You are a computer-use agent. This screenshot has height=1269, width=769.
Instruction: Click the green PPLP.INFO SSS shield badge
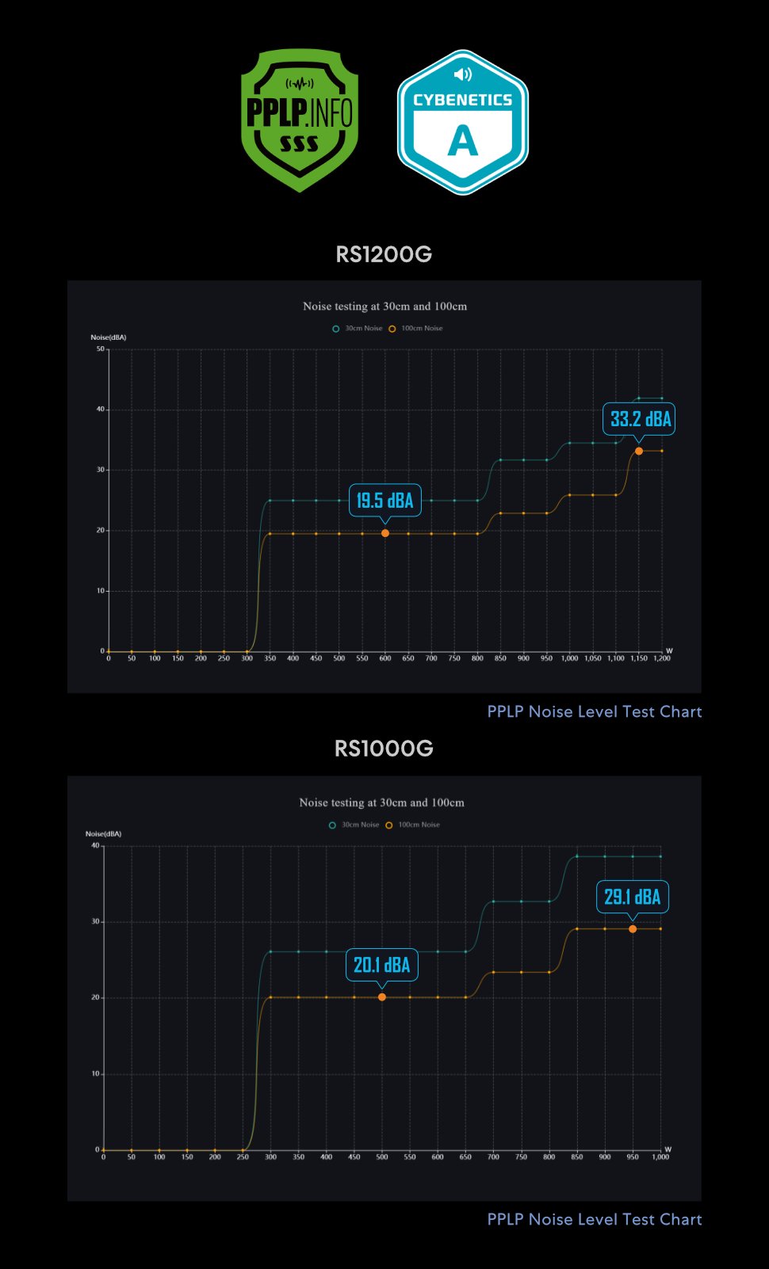tap(300, 120)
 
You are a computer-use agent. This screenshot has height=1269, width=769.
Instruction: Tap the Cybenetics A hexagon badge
tap(463, 122)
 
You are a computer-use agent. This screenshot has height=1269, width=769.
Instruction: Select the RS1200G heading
tap(384, 254)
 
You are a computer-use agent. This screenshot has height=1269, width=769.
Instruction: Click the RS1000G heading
tap(384, 749)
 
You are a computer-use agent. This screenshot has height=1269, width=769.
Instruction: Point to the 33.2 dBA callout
tap(640, 419)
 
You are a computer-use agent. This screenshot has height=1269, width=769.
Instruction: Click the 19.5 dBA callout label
tap(384, 501)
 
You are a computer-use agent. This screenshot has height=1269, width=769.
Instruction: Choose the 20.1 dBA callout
tap(381, 965)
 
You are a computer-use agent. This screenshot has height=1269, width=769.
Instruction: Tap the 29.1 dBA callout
tap(632, 897)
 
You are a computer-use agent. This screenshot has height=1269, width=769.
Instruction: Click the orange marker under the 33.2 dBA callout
tap(639, 451)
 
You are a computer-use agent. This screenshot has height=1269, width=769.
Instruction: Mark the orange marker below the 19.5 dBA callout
tap(385, 533)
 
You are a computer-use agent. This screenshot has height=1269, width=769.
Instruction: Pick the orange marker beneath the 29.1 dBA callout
tap(633, 928)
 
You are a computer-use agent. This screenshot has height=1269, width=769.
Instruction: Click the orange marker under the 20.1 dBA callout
tap(382, 997)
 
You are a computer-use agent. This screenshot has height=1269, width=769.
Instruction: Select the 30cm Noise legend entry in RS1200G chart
tap(358, 328)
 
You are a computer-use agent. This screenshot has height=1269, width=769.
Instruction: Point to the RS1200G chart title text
tap(384, 307)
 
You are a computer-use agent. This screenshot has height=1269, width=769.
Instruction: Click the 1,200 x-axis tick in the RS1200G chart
tap(661, 658)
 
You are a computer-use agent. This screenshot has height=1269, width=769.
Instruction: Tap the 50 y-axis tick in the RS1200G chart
tap(101, 349)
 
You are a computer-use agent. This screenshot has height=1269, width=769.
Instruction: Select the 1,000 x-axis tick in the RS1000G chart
tap(660, 1157)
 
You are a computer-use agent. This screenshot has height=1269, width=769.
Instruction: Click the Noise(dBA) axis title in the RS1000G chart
tap(103, 833)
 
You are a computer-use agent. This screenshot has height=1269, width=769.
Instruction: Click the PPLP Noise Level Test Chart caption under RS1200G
tap(594, 711)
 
